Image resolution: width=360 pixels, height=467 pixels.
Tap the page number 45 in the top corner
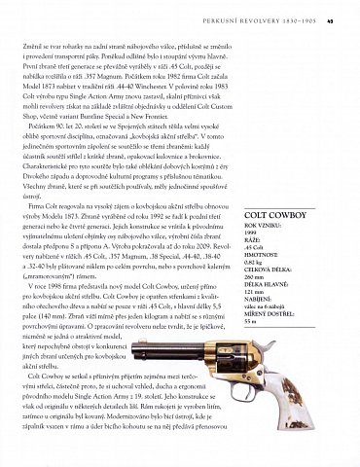pyautogui.click(x=331, y=13)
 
